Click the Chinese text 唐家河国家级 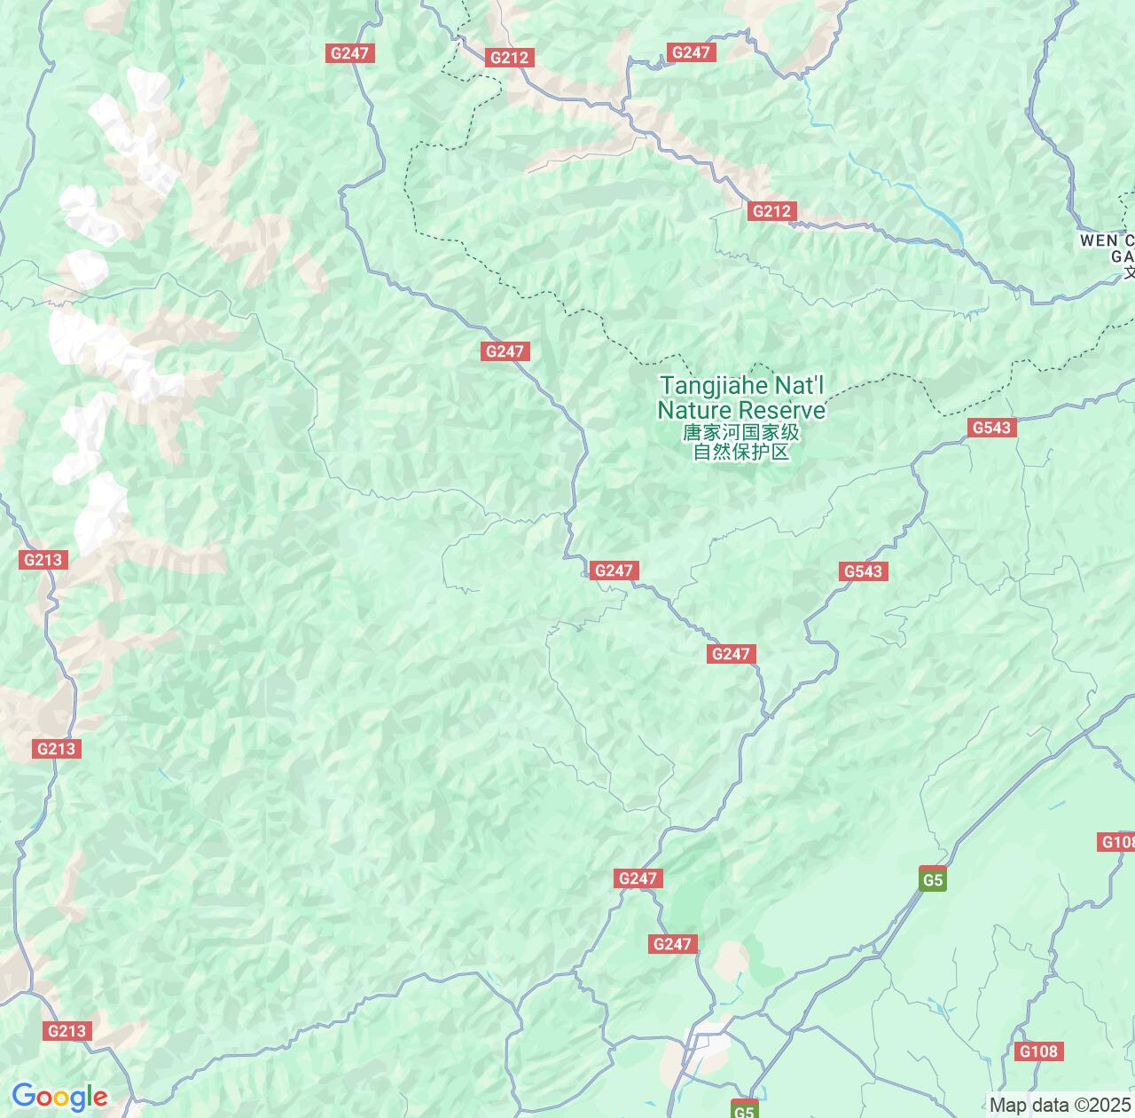click(740, 432)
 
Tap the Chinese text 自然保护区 click(740, 452)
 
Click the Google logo click(59, 1097)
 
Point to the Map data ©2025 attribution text click(1061, 1106)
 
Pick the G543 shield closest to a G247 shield click(863, 571)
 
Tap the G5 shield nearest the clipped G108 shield click(933, 880)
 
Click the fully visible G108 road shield click(1038, 1051)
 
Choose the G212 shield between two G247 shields click(509, 58)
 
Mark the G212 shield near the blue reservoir click(771, 211)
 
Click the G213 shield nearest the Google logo click(67, 1030)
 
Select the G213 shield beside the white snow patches click(43, 560)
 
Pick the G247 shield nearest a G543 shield click(732, 654)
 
